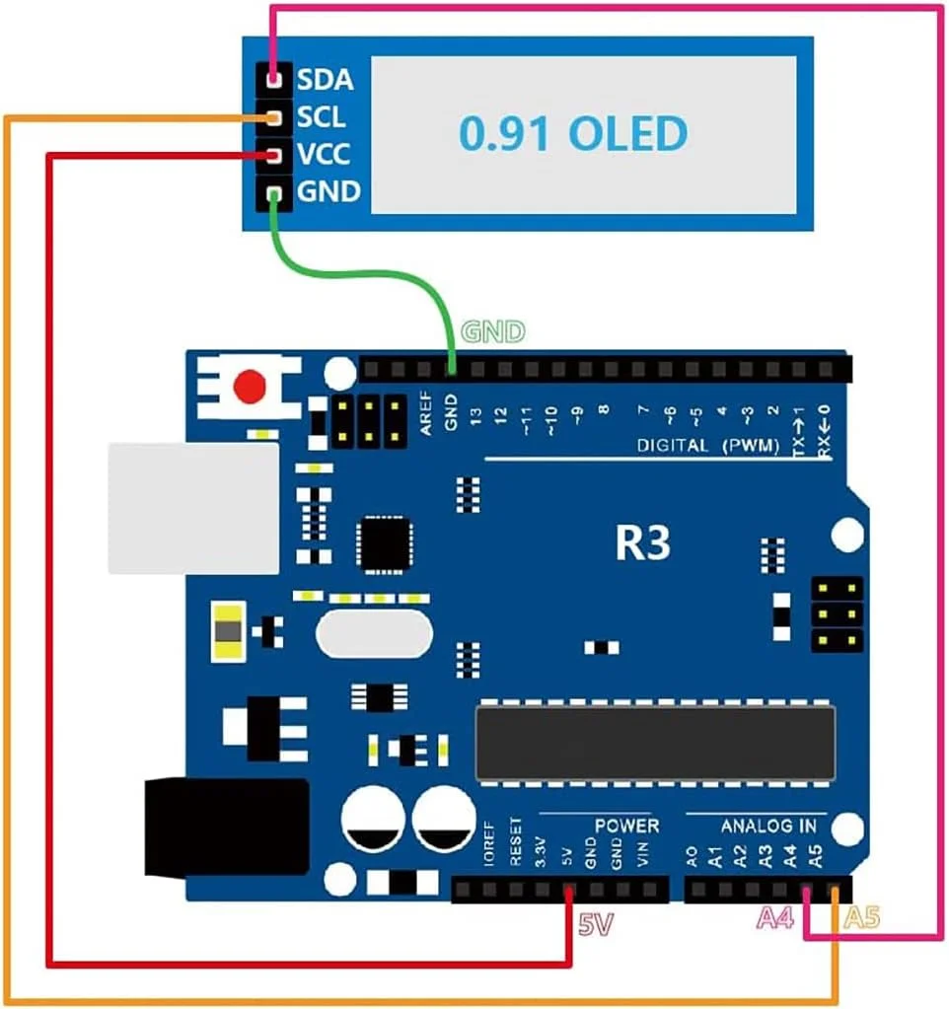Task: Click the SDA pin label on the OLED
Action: click(x=325, y=78)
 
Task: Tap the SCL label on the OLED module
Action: click(x=322, y=117)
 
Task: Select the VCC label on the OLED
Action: click(x=323, y=155)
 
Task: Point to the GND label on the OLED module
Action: click(x=328, y=192)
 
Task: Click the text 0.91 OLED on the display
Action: click(x=573, y=133)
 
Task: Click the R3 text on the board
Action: click(x=642, y=543)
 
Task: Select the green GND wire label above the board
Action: click(x=493, y=333)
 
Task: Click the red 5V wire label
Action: click(x=596, y=925)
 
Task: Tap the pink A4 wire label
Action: click(x=774, y=919)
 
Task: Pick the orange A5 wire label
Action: click(x=861, y=919)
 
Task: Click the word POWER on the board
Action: click(x=626, y=825)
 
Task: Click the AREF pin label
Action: click(x=425, y=418)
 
